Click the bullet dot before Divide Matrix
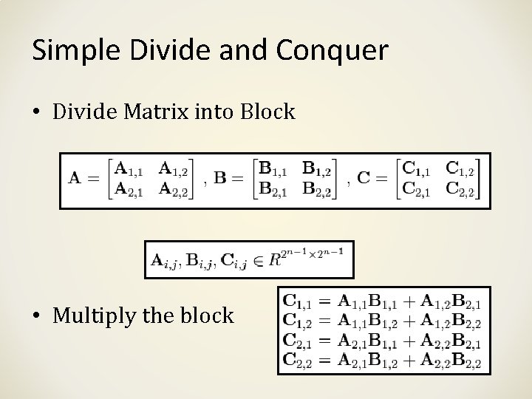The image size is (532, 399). pyautogui.click(x=37, y=112)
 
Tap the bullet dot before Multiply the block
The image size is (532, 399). pyautogui.click(x=37, y=316)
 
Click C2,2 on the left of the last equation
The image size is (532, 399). pyautogui.click(x=297, y=361)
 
